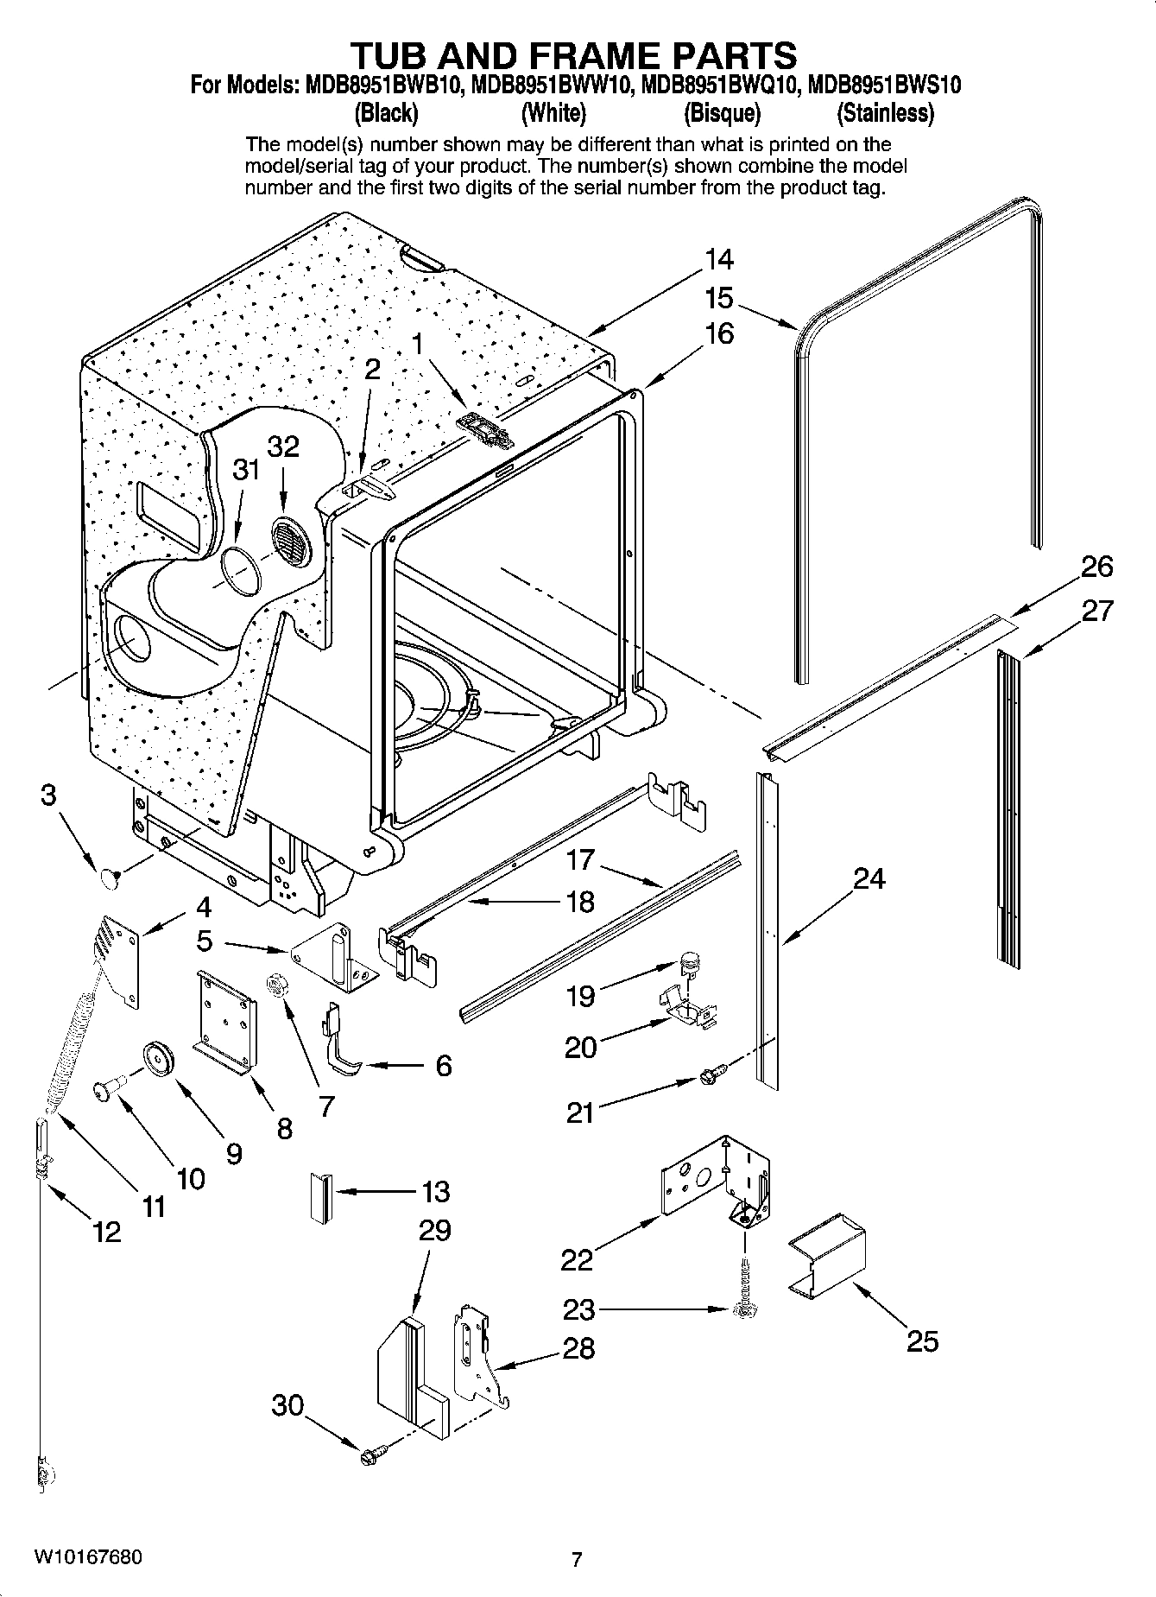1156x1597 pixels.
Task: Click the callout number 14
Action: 718,259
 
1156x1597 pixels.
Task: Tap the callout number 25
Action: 922,1341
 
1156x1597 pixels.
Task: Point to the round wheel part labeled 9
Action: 159,1059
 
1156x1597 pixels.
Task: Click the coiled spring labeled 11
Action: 73,1049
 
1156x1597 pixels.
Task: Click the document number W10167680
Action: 88,1557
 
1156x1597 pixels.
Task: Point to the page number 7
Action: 577,1559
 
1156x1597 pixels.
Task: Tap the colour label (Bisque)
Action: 722,113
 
